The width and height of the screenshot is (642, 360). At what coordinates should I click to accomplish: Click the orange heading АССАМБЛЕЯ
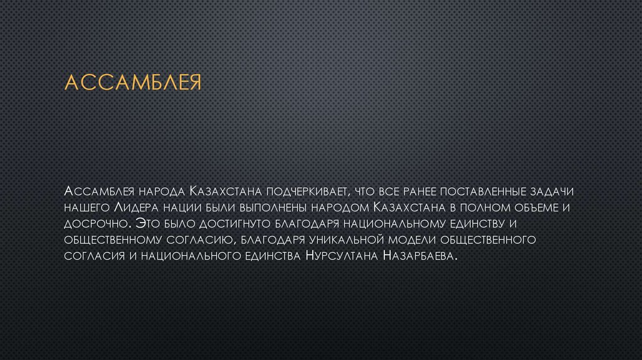click(x=133, y=83)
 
